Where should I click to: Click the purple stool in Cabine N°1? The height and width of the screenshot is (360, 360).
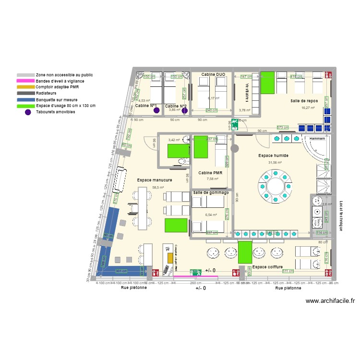point(156,110)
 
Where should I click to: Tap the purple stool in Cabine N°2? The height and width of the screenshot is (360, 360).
point(184,110)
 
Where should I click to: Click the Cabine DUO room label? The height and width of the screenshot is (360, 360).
point(213,74)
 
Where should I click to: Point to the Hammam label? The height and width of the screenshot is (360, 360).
point(317,138)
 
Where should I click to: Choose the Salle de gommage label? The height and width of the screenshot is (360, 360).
point(211,192)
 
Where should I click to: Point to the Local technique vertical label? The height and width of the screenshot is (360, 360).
point(341,216)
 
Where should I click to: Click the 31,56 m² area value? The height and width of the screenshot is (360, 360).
point(275,163)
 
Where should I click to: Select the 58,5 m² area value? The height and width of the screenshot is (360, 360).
point(158,188)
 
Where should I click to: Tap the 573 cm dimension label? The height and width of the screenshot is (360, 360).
point(283,128)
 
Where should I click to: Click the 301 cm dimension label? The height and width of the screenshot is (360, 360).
point(122,271)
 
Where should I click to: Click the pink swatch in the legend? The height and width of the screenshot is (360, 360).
point(25,81)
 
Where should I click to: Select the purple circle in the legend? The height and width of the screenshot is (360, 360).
point(28,112)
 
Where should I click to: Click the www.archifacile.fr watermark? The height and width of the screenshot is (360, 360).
point(330,301)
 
